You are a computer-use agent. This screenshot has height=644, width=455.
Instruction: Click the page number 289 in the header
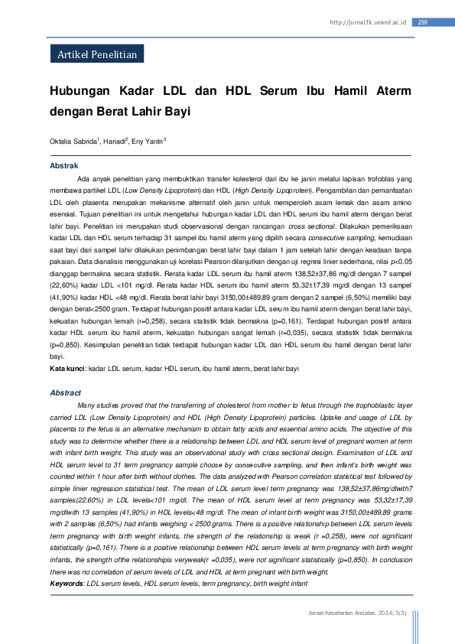pos(423,22)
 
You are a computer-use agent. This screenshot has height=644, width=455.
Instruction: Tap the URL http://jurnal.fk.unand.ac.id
pos(367,22)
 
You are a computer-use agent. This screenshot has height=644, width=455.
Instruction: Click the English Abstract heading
pos(65,392)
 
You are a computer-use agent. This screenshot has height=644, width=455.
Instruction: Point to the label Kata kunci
pos(67,369)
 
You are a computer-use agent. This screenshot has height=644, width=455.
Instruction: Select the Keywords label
pos(67,584)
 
